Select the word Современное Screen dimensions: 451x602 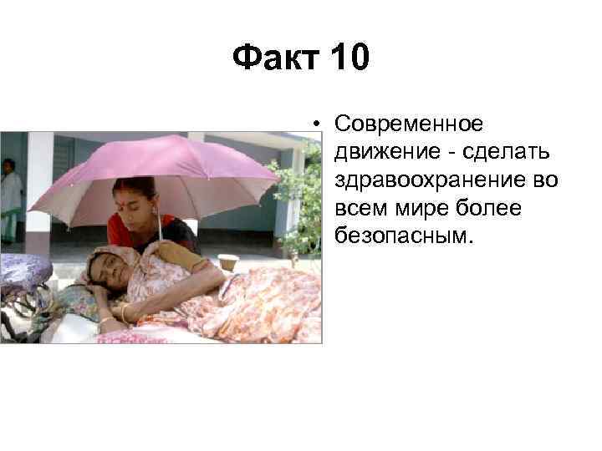[408, 124]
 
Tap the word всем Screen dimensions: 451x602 [359, 207]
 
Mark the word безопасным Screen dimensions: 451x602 [403, 235]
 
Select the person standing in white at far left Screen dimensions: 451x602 [10, 192]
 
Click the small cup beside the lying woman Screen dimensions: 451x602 [227, 261]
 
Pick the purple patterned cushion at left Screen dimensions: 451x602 [23, 271]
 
